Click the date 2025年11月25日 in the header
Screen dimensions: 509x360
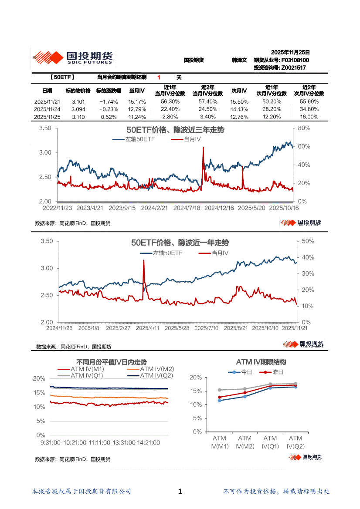click(290, 52)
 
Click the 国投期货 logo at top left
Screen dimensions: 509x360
click(72, 57)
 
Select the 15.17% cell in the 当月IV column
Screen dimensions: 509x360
click(136, 101)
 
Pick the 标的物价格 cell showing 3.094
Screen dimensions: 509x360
click(78, 109)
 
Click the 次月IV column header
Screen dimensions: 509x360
click(239, 91)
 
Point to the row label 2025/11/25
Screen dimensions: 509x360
click(47, 117)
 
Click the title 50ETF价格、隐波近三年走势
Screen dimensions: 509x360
click(175, 130)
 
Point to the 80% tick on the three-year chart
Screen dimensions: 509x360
click(304, 128)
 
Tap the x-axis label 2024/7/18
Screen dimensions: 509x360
click(187, 209)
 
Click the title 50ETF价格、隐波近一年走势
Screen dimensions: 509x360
click(180, 243)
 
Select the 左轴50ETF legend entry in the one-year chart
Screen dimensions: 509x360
click(168, 253)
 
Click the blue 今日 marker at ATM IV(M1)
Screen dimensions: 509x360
click(219, 401)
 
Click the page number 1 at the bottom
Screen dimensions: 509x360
click(180, 492)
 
